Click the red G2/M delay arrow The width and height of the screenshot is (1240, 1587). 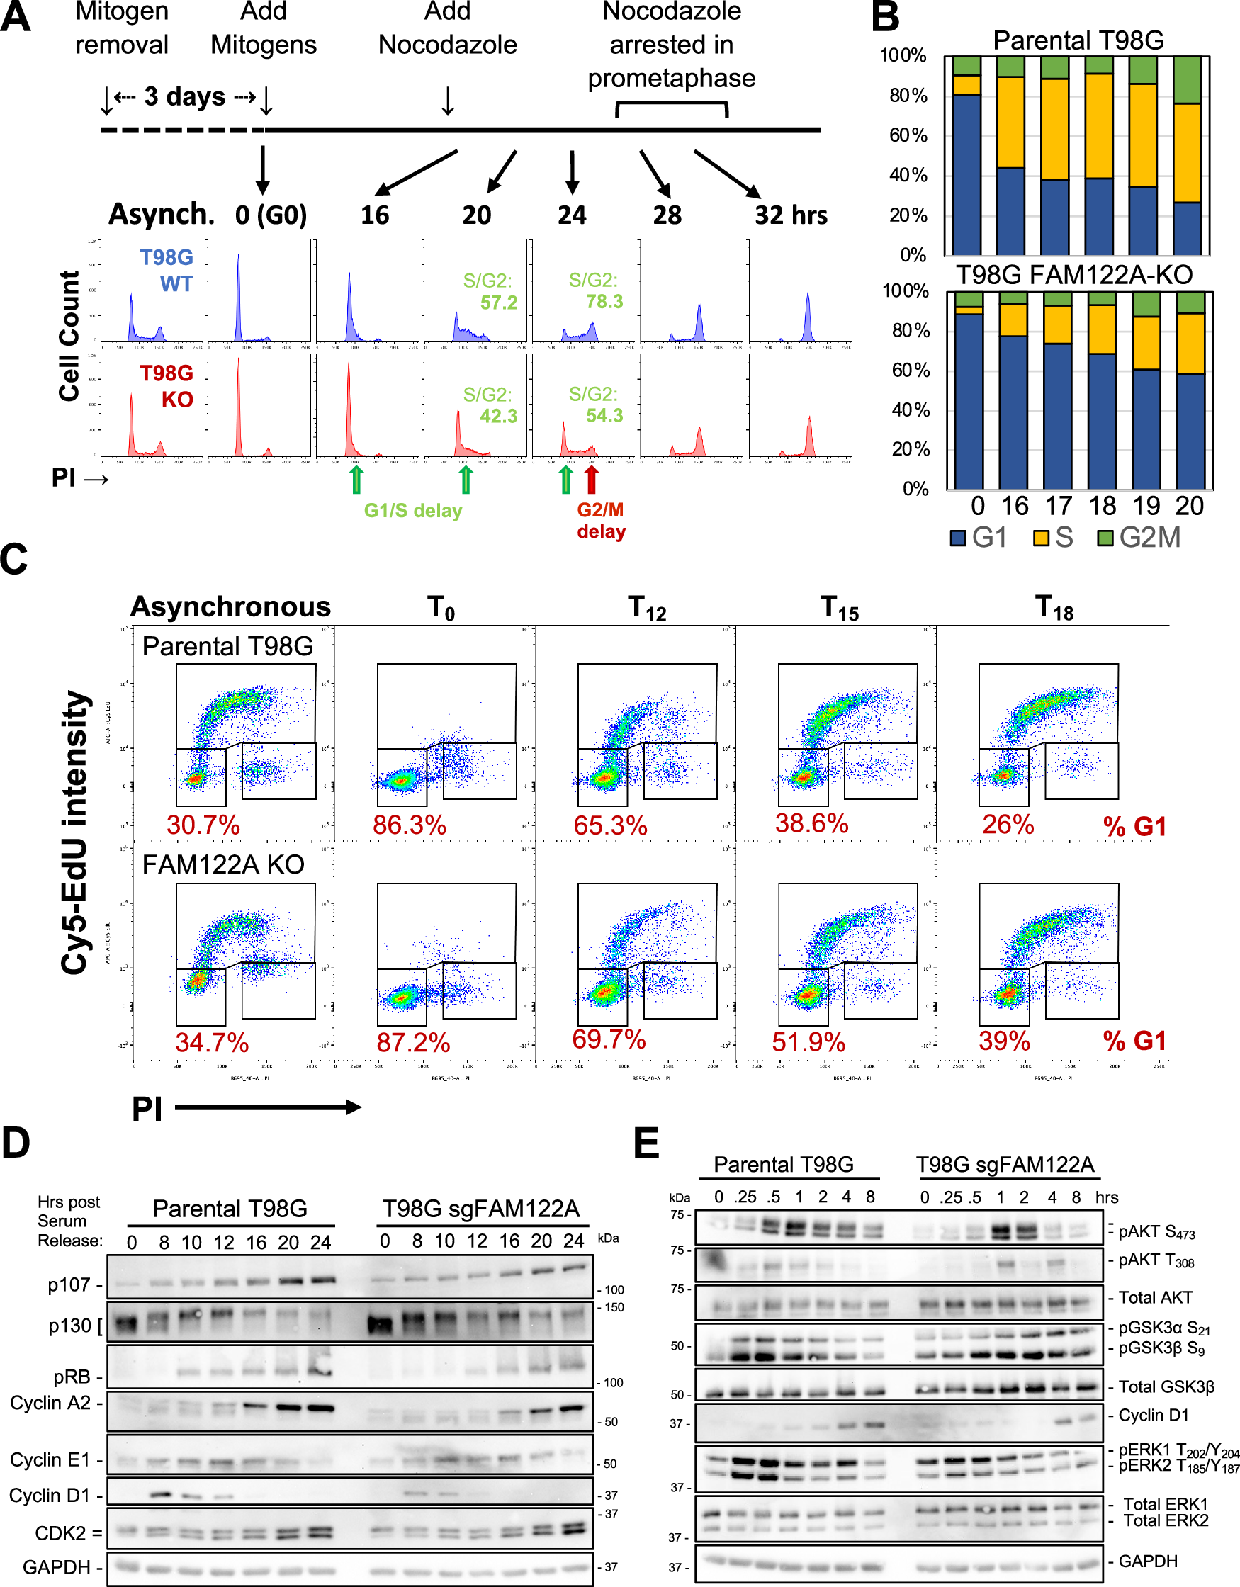point(591,479)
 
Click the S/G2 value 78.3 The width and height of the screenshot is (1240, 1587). point(604,302)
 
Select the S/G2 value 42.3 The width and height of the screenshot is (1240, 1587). point(499,416)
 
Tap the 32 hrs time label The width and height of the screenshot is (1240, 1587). point(791,215)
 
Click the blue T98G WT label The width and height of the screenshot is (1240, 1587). point(167,270)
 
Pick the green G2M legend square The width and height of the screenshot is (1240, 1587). point(1105,538)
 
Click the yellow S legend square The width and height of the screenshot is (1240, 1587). point(1041,538)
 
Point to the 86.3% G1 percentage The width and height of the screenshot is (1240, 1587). point(410,825)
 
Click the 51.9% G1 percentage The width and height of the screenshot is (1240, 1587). point(808,1042)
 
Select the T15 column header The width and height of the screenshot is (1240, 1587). point(839,607)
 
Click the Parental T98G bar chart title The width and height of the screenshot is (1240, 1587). point(1078,40)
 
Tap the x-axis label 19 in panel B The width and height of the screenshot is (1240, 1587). point(1146,506)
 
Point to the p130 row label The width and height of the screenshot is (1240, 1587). point(72,1326)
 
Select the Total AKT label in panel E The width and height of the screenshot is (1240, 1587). point(1155,1297)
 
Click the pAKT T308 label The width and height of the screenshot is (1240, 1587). point(1156,1260)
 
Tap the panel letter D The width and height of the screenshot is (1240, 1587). point(16,1142)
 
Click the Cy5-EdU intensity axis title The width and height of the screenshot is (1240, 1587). point(75,832)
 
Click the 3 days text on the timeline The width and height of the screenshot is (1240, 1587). point(185,96)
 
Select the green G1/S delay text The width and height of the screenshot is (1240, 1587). point(413,511)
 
